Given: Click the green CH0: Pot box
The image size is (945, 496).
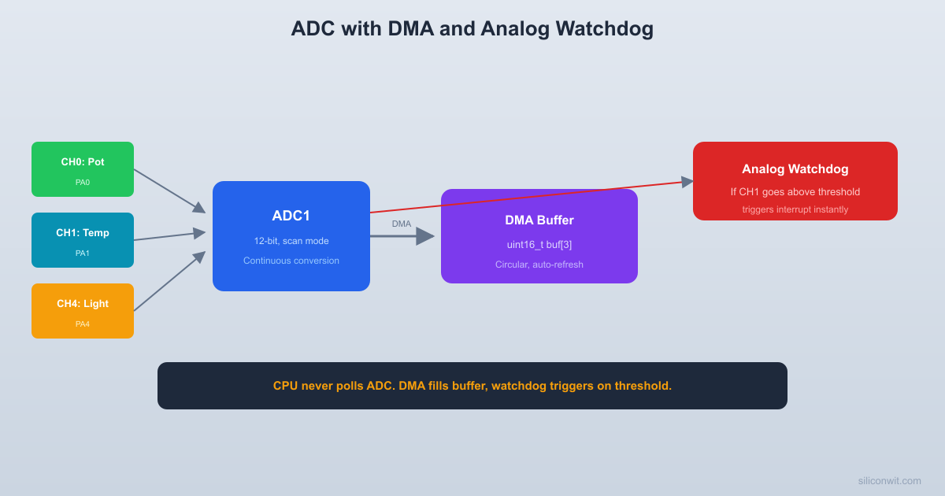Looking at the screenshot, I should coord(83,169).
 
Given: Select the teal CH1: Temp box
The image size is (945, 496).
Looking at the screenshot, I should coord(83,240).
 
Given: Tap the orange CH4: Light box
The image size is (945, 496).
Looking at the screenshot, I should coord(83,311).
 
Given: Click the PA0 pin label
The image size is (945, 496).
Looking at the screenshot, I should coord(83,183).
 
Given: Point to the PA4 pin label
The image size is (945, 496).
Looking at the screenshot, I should coord(83,324).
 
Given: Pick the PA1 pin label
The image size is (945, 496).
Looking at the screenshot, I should coord(83,254).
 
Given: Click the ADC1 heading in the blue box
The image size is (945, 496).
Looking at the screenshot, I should coord(291,216).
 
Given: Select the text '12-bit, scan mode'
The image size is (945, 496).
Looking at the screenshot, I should coord(291,241).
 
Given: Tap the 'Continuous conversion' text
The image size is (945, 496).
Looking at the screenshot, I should coord(291,261).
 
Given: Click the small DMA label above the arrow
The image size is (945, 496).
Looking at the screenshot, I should coord(402,224).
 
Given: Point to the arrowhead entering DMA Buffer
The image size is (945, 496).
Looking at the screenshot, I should coord(426,236).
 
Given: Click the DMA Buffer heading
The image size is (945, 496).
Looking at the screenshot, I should coord(539,220).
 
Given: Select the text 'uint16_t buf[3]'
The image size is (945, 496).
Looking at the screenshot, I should coord(539,245).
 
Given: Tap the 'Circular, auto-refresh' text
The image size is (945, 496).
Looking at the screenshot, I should coord(539,265).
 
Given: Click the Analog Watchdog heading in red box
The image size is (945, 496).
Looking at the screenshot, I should coord(795,168).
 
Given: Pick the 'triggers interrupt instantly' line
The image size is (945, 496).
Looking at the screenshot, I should coord(795,209).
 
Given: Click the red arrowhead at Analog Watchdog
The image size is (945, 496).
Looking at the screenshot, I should coord(687,182).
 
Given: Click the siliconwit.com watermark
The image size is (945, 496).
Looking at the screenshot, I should coord(889,480).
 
